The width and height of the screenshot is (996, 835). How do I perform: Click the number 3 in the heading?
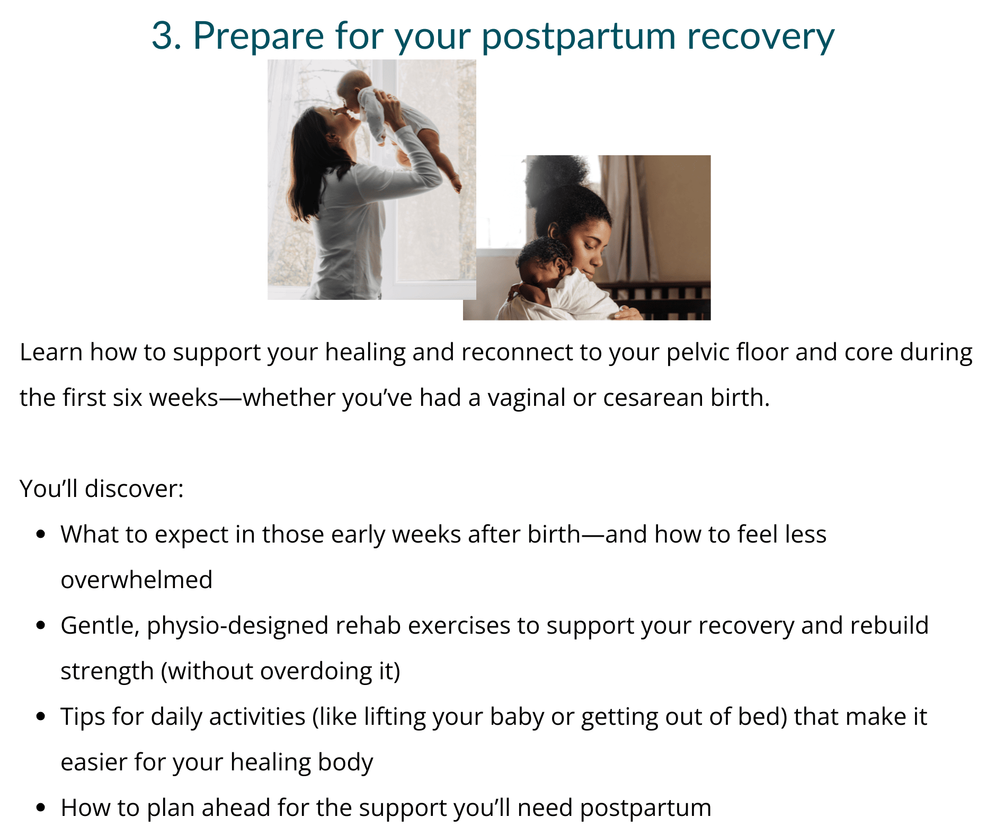(x=163, y=36)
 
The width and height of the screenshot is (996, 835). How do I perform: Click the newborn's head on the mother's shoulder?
(x=543, y=260)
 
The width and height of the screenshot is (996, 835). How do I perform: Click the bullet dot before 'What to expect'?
(x=41, y=534)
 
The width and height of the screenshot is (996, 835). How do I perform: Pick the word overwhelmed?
(x=137, y=580)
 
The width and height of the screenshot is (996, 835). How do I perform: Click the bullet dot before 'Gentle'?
(x=41, y=625)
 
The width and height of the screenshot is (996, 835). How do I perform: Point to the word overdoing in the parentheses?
(x=316, y=672)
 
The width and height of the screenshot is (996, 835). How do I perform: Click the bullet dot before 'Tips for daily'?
(x=41, y=716)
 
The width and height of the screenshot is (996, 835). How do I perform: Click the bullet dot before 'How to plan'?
(x=41, y=807)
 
